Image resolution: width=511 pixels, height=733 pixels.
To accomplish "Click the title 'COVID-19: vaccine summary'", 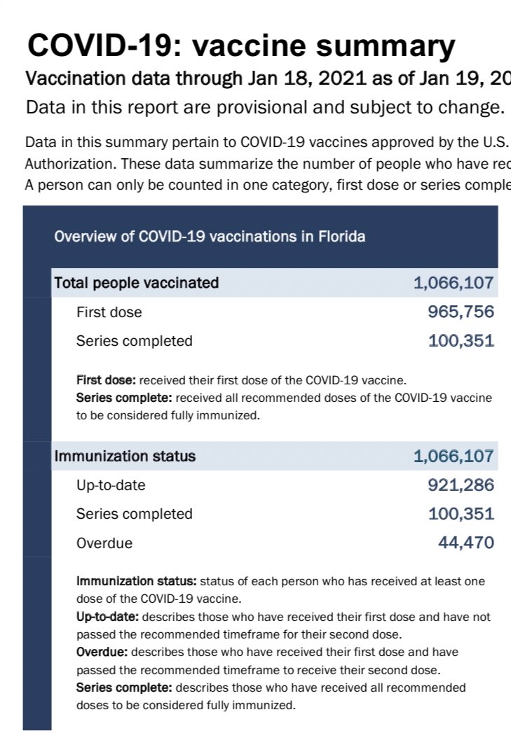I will click(241, 46).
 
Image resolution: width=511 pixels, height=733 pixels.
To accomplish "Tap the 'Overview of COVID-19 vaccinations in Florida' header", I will click(210, 237).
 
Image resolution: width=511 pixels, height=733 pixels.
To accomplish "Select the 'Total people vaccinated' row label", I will click(137, 283).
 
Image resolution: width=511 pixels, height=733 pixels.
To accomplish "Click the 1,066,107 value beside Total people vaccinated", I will click(454, 283).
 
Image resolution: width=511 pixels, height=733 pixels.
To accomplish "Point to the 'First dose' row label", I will click(109, 312).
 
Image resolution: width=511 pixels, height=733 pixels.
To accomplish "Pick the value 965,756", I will click(461, 312).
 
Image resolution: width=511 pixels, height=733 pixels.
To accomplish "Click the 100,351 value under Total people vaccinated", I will click(461, 341).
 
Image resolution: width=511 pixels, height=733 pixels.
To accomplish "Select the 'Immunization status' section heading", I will click(125, 456).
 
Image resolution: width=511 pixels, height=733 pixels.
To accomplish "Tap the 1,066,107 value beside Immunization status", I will click(454, 456).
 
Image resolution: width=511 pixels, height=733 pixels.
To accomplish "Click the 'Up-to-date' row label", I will click(111, 485).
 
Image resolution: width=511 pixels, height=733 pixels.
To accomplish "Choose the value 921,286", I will click(461, 485).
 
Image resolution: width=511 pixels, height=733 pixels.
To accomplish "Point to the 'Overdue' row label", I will click(104, 543).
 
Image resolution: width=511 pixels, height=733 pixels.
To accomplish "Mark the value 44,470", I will click(466, 543).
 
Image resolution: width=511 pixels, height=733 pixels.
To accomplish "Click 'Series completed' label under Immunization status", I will click(134, 514).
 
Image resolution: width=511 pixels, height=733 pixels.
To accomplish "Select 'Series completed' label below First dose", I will click(134, 341).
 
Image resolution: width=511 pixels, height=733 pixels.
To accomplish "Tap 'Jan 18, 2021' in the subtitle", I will click(297, 78).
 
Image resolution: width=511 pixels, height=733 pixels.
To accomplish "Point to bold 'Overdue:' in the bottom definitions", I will click(102, 652).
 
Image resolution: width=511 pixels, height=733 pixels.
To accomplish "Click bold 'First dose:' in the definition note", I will click(107, 381).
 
